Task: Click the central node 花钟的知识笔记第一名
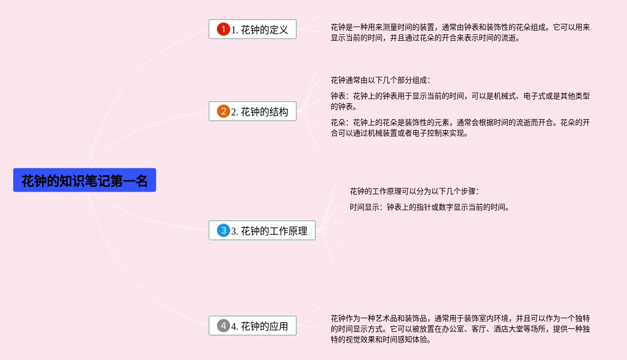pos(85,181)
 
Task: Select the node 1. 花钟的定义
pos(252,30)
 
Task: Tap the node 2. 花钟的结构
pos(252,112)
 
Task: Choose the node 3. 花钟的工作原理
pos(262,231)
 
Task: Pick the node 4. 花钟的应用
pos(252,326)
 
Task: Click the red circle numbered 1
pos(223,30)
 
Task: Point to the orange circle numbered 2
pos(223,112)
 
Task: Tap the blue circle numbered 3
pos(223,231)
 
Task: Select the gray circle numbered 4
pos(223,326)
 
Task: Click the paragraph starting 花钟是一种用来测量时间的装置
pos(459,32)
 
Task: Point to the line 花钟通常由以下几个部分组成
pos(380,80)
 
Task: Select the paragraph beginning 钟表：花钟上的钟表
pos(459,101)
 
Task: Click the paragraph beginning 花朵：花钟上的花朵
pos(459,128)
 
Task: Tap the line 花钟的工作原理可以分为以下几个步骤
pos(414,191)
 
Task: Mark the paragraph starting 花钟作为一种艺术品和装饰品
pos(459,329)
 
